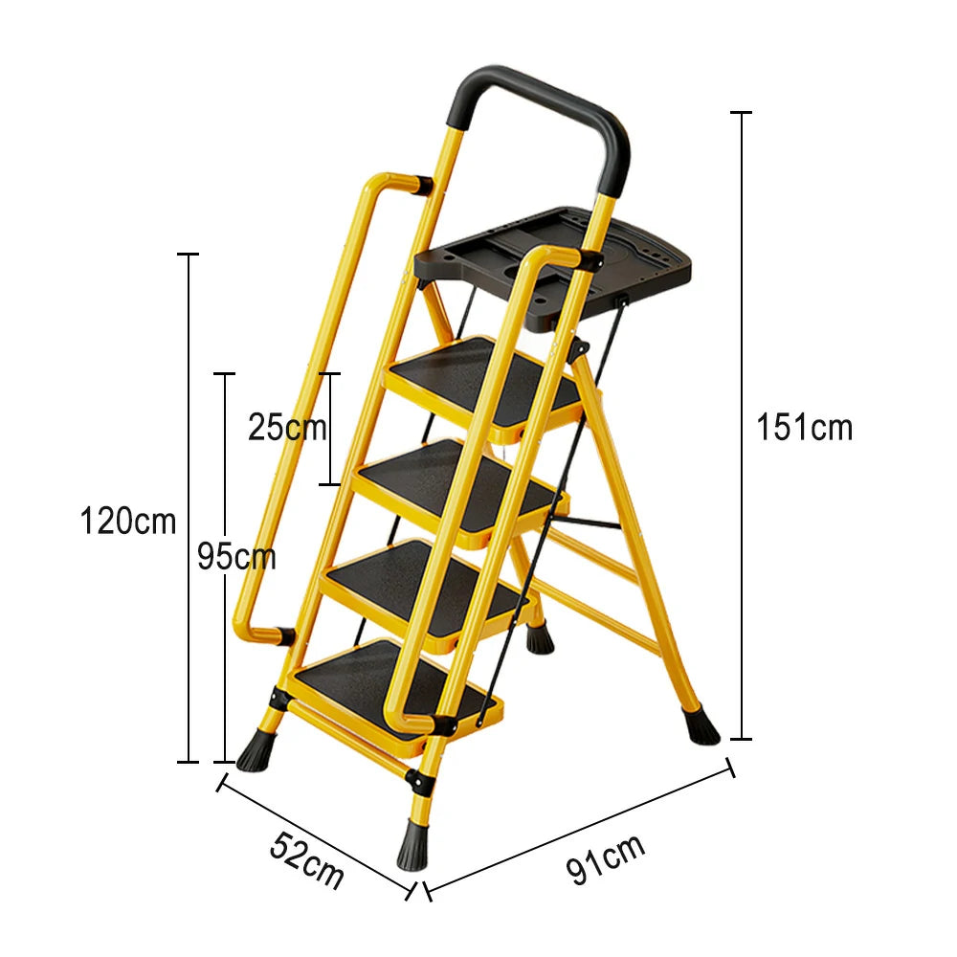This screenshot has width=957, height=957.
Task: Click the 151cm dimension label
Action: click(804, 427)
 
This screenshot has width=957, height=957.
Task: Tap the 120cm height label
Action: click(128, 523)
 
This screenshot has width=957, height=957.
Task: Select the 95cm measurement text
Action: click(236, 556)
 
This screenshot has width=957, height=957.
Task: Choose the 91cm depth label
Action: click(606, 858)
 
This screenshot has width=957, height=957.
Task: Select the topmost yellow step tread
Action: click(483, 378)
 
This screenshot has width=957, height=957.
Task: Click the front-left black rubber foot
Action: click(254, 751)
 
